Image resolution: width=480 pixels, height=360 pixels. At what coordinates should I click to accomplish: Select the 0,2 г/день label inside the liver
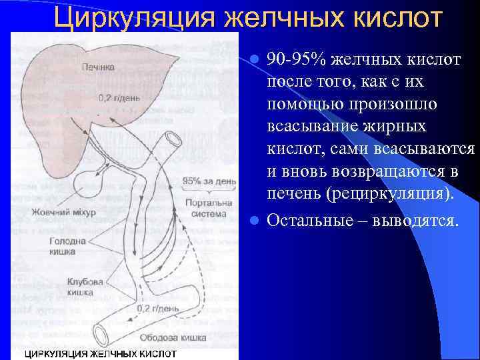[x=119, y=97]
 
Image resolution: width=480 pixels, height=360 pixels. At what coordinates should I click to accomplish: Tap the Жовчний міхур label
[x=63, y=213]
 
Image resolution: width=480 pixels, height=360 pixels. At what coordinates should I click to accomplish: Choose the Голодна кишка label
[x=61, y=247]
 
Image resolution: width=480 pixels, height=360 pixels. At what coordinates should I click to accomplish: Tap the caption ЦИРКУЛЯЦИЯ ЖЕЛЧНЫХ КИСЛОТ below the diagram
[x=100, y=353]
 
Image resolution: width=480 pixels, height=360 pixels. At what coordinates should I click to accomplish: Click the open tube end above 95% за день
[x=175, y=139]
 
